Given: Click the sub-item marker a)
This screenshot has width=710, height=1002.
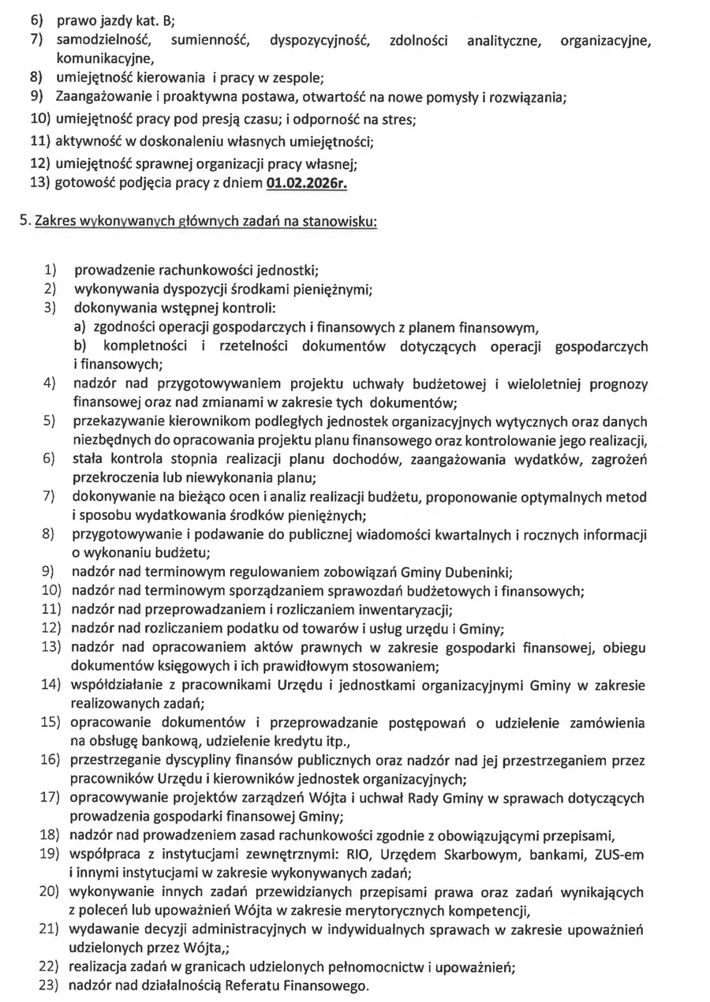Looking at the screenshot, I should pos(80,327).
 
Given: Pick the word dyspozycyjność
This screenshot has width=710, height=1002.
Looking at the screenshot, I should pos(318,39).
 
